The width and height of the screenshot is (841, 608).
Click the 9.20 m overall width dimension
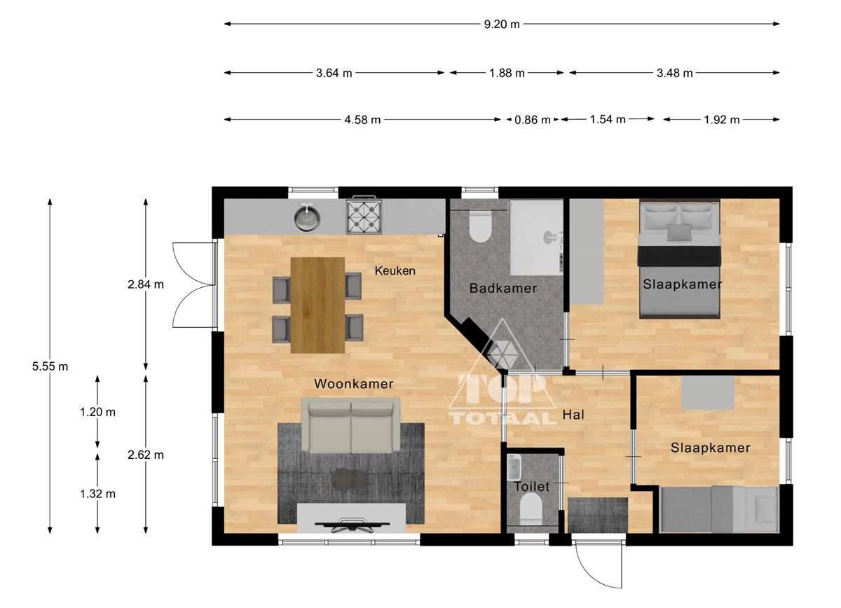(x=502, y=25)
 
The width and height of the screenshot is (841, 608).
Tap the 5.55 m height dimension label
(x=50, y=366)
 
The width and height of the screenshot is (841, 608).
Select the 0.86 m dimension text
(x=532, y=120)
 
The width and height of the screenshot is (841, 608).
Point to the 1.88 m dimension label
(x=507, y=73)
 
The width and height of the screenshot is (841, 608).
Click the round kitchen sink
(x=307, y=217)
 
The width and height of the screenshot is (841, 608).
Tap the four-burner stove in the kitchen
(x=364, y=216)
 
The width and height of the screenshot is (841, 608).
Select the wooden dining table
(x=317, y=305)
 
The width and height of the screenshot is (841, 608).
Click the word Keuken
(x=395, y=271)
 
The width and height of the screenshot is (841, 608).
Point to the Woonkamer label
(x=354, y=384)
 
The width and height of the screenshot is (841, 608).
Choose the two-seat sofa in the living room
(x=350, y=426)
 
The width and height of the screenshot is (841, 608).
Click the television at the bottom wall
(x=352, y=525)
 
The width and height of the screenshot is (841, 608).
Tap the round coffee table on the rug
(x=348, y=479)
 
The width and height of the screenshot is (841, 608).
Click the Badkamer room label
(x=503, y=289)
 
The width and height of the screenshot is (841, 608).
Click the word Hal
(x=573, y=415)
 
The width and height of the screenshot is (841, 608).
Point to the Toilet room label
(x=531, y=487)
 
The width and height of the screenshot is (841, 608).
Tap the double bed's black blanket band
(x=680, y=256)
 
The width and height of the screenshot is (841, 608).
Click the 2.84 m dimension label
(x=146, y=285)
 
